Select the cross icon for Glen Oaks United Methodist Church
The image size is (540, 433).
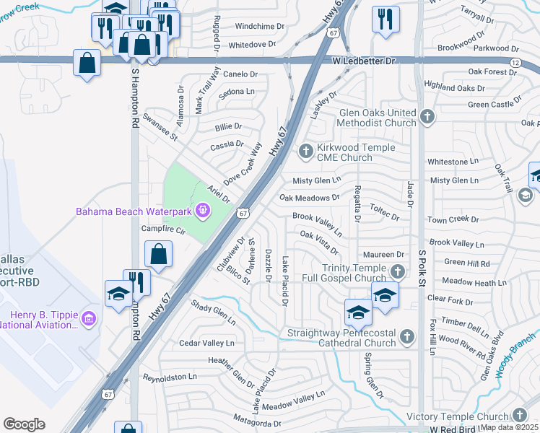[x=427, y=118]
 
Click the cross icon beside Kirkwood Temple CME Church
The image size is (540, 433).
[x=305, y=152]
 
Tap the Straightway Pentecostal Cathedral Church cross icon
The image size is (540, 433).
[x=407, y=337]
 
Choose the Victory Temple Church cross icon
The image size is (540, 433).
[x=520, y=415]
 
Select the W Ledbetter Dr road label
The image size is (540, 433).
[x=366, y=62]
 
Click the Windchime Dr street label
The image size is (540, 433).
[x=256, y=26]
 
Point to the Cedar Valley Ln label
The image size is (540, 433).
[x=207, y=343]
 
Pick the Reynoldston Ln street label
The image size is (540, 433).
[x=170, y=377]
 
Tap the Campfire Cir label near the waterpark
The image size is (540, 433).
[x=165, y=230]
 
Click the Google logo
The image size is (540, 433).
[x=24, y=424]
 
